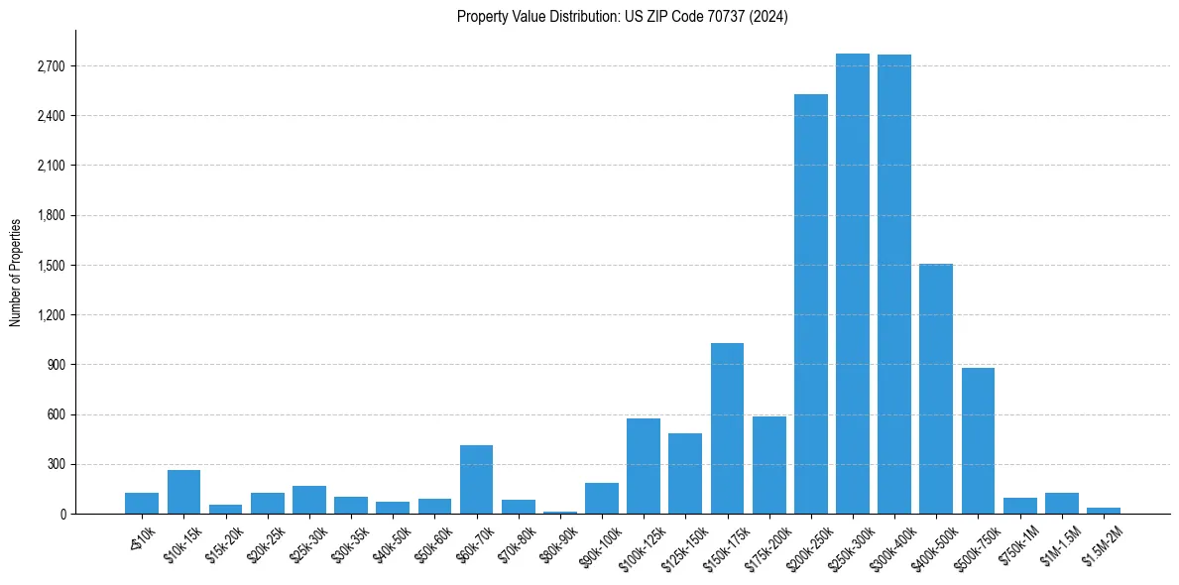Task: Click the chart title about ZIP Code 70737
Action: point(622,17)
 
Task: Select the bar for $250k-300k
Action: point(853,284)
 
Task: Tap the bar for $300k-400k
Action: point(894,285)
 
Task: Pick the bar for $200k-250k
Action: point(811,303)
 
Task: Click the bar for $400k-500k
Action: point(936,389)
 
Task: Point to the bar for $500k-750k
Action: point(978,440)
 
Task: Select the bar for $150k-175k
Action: point(727,428)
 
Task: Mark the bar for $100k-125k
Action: point(644,466)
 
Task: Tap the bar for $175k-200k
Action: point(768,465)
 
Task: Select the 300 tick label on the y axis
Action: point(54,464)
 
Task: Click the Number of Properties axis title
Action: point(15,273)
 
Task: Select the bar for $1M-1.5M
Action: point(1061,503)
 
